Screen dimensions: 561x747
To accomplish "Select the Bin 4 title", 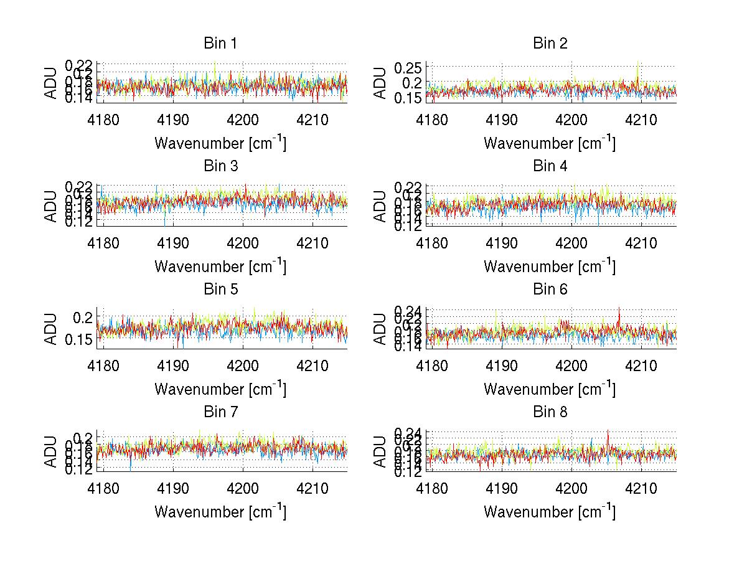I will click(x=550, y=166).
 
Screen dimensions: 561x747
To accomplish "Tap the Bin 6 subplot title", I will click(x=550, y=289).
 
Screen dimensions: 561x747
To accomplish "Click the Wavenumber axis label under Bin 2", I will click(x=550, y=143).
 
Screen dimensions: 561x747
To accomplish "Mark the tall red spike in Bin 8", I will click(x=608, y=431).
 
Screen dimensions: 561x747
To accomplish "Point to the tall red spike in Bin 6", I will click(x=619, y=308).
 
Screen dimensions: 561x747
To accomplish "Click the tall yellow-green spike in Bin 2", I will click(x=638, y=62).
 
